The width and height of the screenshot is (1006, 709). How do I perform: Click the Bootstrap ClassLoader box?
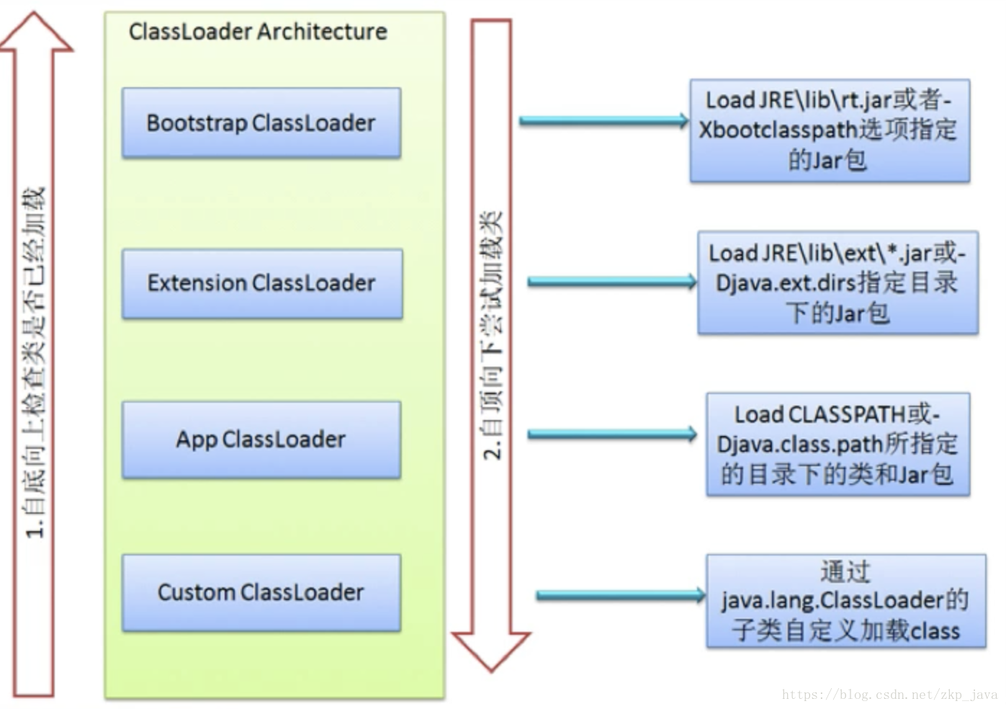tap(261, 123)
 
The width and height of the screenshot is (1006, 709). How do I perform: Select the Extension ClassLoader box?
tap(262, 283)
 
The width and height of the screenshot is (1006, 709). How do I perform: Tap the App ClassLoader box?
tap(261, 440)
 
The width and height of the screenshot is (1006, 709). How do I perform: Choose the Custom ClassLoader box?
tap(261, 592)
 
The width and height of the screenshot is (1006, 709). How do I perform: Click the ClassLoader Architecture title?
tap(258, 32)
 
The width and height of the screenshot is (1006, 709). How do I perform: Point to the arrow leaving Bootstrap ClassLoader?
tap(603, 121)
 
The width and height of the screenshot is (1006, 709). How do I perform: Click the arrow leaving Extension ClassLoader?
tap(612, 282)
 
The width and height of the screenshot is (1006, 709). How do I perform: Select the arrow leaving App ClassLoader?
tap(612, 434)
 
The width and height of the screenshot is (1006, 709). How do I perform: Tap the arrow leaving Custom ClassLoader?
tap(621, 595)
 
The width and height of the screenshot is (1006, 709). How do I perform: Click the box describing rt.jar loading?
tap(830, 130)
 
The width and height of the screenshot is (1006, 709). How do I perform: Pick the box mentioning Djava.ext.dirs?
tap(837, 282)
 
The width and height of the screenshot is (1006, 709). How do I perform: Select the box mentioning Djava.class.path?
tap(837, 444)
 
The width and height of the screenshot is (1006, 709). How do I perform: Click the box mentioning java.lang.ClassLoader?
tap(846, 601)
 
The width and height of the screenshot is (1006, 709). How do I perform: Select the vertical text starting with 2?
tap(492, 336)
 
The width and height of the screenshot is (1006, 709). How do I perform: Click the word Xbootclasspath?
tap(778, 130)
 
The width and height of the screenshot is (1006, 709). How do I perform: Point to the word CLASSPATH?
tap(847, 414)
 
